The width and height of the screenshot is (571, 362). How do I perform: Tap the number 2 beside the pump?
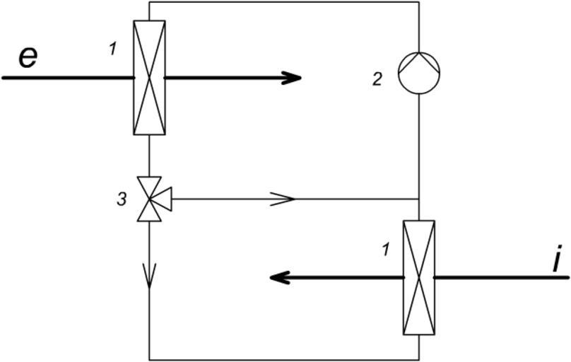pyautogui.click(x=378, y=78)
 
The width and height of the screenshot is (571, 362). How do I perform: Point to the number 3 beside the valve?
pyautogui.click(x=122, y=199)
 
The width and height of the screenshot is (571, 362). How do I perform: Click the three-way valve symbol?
pyautogui.click(x=150, y=199)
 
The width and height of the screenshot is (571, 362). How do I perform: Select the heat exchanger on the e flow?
pyautogui.click(x=149, y=77)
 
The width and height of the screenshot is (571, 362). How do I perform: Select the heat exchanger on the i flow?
pyautogui.click(x=418, y=278)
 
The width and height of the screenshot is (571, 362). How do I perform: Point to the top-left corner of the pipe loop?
pyautogui.click(x=150, y=2)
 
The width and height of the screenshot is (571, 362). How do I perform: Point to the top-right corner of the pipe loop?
pyautogui.click(x=420, y=2)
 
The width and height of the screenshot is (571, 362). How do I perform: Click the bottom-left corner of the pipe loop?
pyautogui.click(x=150, y=358)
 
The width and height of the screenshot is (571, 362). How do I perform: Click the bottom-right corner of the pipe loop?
pyautogui.click(x=419, y=358)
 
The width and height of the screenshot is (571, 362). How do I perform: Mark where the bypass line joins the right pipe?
pyautogui.click(x=420, y=199)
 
